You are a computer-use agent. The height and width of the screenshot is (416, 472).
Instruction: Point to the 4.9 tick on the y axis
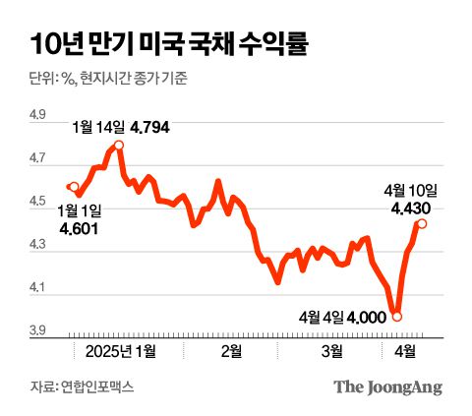[x=38, y=115]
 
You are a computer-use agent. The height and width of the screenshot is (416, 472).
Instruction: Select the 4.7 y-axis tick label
[x=38, y=158]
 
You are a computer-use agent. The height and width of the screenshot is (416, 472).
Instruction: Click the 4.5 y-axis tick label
[x=38, y=202]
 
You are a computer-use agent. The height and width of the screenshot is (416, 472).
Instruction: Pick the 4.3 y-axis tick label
[x=38, y=245]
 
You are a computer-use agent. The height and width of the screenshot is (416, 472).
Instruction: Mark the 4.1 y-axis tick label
[x=38, y=288]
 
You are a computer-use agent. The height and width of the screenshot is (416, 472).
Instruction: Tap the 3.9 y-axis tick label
[x=38, y=331]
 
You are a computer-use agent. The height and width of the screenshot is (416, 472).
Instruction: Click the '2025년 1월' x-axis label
[x=120, y=350]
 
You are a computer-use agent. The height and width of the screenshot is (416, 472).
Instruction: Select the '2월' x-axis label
[x=232, y=350]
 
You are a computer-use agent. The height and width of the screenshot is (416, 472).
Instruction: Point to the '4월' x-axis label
[x=404, y=350]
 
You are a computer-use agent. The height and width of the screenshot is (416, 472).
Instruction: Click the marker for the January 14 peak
[x=118, y=146]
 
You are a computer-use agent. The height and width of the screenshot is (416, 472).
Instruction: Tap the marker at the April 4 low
[x=396, y=316]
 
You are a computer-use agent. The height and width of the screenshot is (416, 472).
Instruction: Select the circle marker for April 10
[x=422, y=223]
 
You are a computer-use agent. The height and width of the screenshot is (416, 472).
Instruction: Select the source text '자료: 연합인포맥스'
[x=82, y=387]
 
